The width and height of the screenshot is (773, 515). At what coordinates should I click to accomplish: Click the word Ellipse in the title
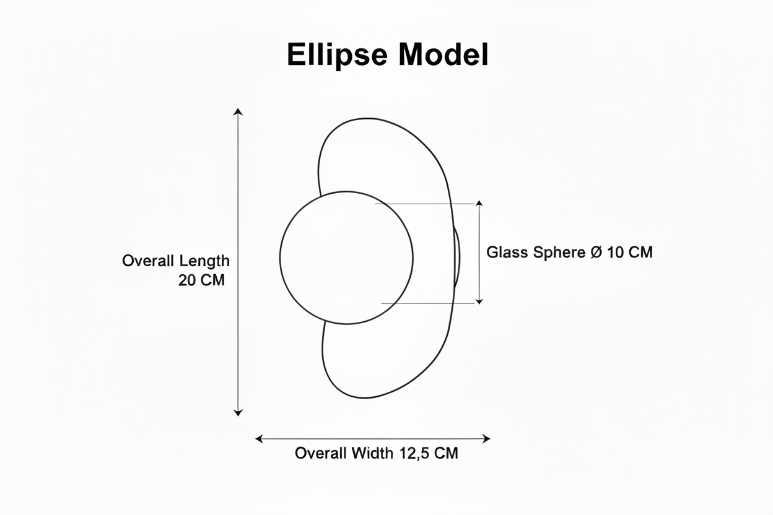[x=337, y=55]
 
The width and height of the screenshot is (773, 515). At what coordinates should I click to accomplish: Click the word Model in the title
[x=443, y=54]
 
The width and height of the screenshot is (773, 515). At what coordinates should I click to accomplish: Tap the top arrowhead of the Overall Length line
[x=238, y=111]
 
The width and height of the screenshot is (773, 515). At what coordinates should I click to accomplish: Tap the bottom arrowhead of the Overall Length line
[x=238, y=412]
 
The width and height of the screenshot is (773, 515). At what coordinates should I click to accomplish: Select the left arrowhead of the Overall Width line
[x=259, y=439]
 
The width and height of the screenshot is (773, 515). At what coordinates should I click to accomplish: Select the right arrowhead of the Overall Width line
[x=486, y=439]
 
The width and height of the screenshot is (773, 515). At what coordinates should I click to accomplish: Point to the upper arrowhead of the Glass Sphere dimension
[x=479, y=202]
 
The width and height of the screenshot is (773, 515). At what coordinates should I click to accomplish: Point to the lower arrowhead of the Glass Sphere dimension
[x=479, y=301]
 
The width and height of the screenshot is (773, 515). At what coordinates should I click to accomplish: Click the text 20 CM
[x=201, y=280]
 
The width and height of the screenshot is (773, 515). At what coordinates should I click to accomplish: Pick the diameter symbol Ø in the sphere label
[x=596, y=252]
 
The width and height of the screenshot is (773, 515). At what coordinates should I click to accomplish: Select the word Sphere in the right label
[x=559, y=253]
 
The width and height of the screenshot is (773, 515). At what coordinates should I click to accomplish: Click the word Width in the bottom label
[x=372, y=453]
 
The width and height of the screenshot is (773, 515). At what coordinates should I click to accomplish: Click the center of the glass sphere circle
[x=346, y=257]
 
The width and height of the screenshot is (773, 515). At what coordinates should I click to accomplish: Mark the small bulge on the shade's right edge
[x=458, y=257]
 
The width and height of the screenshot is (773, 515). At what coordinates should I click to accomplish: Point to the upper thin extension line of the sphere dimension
[x=425, y=204]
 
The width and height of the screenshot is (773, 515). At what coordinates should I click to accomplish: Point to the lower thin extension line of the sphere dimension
[x=428, y=303]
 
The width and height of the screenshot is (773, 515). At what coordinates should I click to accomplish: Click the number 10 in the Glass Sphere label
[x=615, y=252]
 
